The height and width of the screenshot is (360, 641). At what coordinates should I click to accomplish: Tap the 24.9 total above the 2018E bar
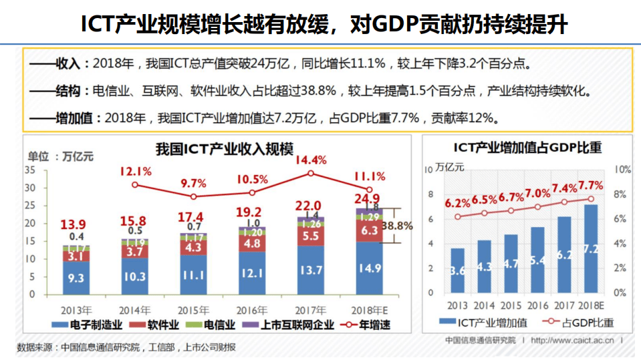pos(367,198)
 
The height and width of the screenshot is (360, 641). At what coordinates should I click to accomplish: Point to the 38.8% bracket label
pos(397,226)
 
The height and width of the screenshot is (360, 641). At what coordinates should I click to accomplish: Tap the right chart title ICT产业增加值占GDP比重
pos(528,147)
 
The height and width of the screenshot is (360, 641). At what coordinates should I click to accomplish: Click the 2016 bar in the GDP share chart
pos(537,260)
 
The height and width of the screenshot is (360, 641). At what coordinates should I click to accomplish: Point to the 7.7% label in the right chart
pos(591,185)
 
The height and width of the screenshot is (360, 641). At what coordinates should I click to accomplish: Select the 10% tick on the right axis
pos(622,170)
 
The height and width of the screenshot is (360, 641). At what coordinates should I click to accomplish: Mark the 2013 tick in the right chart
pos(458,305)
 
